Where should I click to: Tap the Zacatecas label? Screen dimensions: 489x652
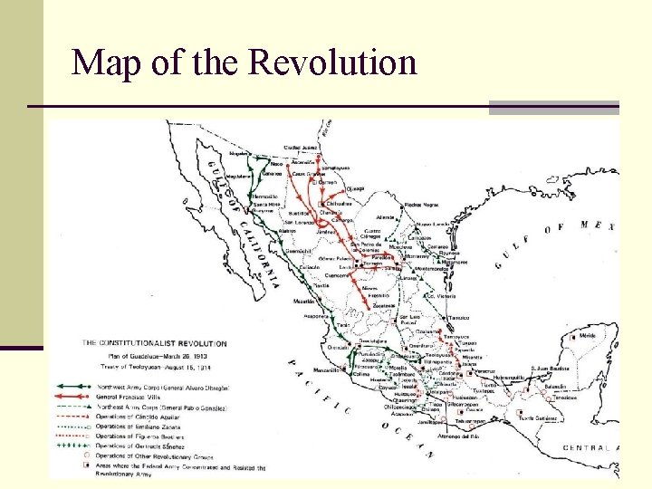coord(379,307)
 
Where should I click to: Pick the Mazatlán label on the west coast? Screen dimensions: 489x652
coord(305,300)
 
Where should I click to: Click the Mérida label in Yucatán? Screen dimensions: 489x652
coord(588,335)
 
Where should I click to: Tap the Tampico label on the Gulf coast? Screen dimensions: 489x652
coord(460,317)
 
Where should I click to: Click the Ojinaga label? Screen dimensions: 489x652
coord(353,188)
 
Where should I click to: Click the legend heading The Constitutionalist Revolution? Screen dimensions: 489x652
coord(155,344)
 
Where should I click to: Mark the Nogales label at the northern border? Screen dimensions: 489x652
coord(240,155)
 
